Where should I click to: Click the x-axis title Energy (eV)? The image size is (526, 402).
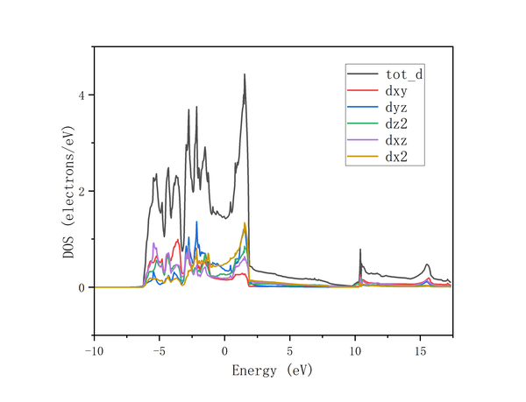tap(272, 370)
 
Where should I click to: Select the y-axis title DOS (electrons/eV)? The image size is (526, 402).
tap(68, 191)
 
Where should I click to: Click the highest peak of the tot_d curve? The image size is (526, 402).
tap(245, 74)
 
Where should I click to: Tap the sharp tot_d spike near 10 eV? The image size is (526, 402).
tap(360, 250)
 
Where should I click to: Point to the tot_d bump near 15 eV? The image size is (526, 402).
tap(427, 264)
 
